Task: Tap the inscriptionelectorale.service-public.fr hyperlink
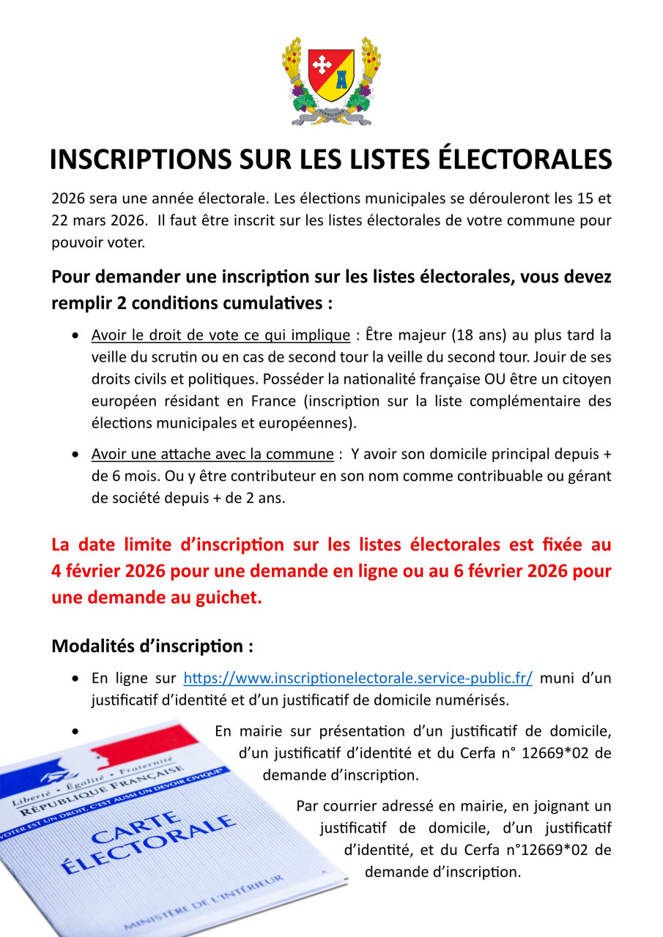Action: (x=358, y=678)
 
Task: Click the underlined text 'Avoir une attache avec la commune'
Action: (x=212, y=454)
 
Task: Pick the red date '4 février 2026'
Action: (x=108, y=571)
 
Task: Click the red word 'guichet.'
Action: (x=226, y=597)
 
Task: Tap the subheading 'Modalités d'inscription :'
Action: (x=152, y=646)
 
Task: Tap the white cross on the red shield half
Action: (x=322, y=65)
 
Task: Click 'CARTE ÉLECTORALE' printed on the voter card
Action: (x=147, y=842)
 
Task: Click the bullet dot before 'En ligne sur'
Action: (x=76, y=679)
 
